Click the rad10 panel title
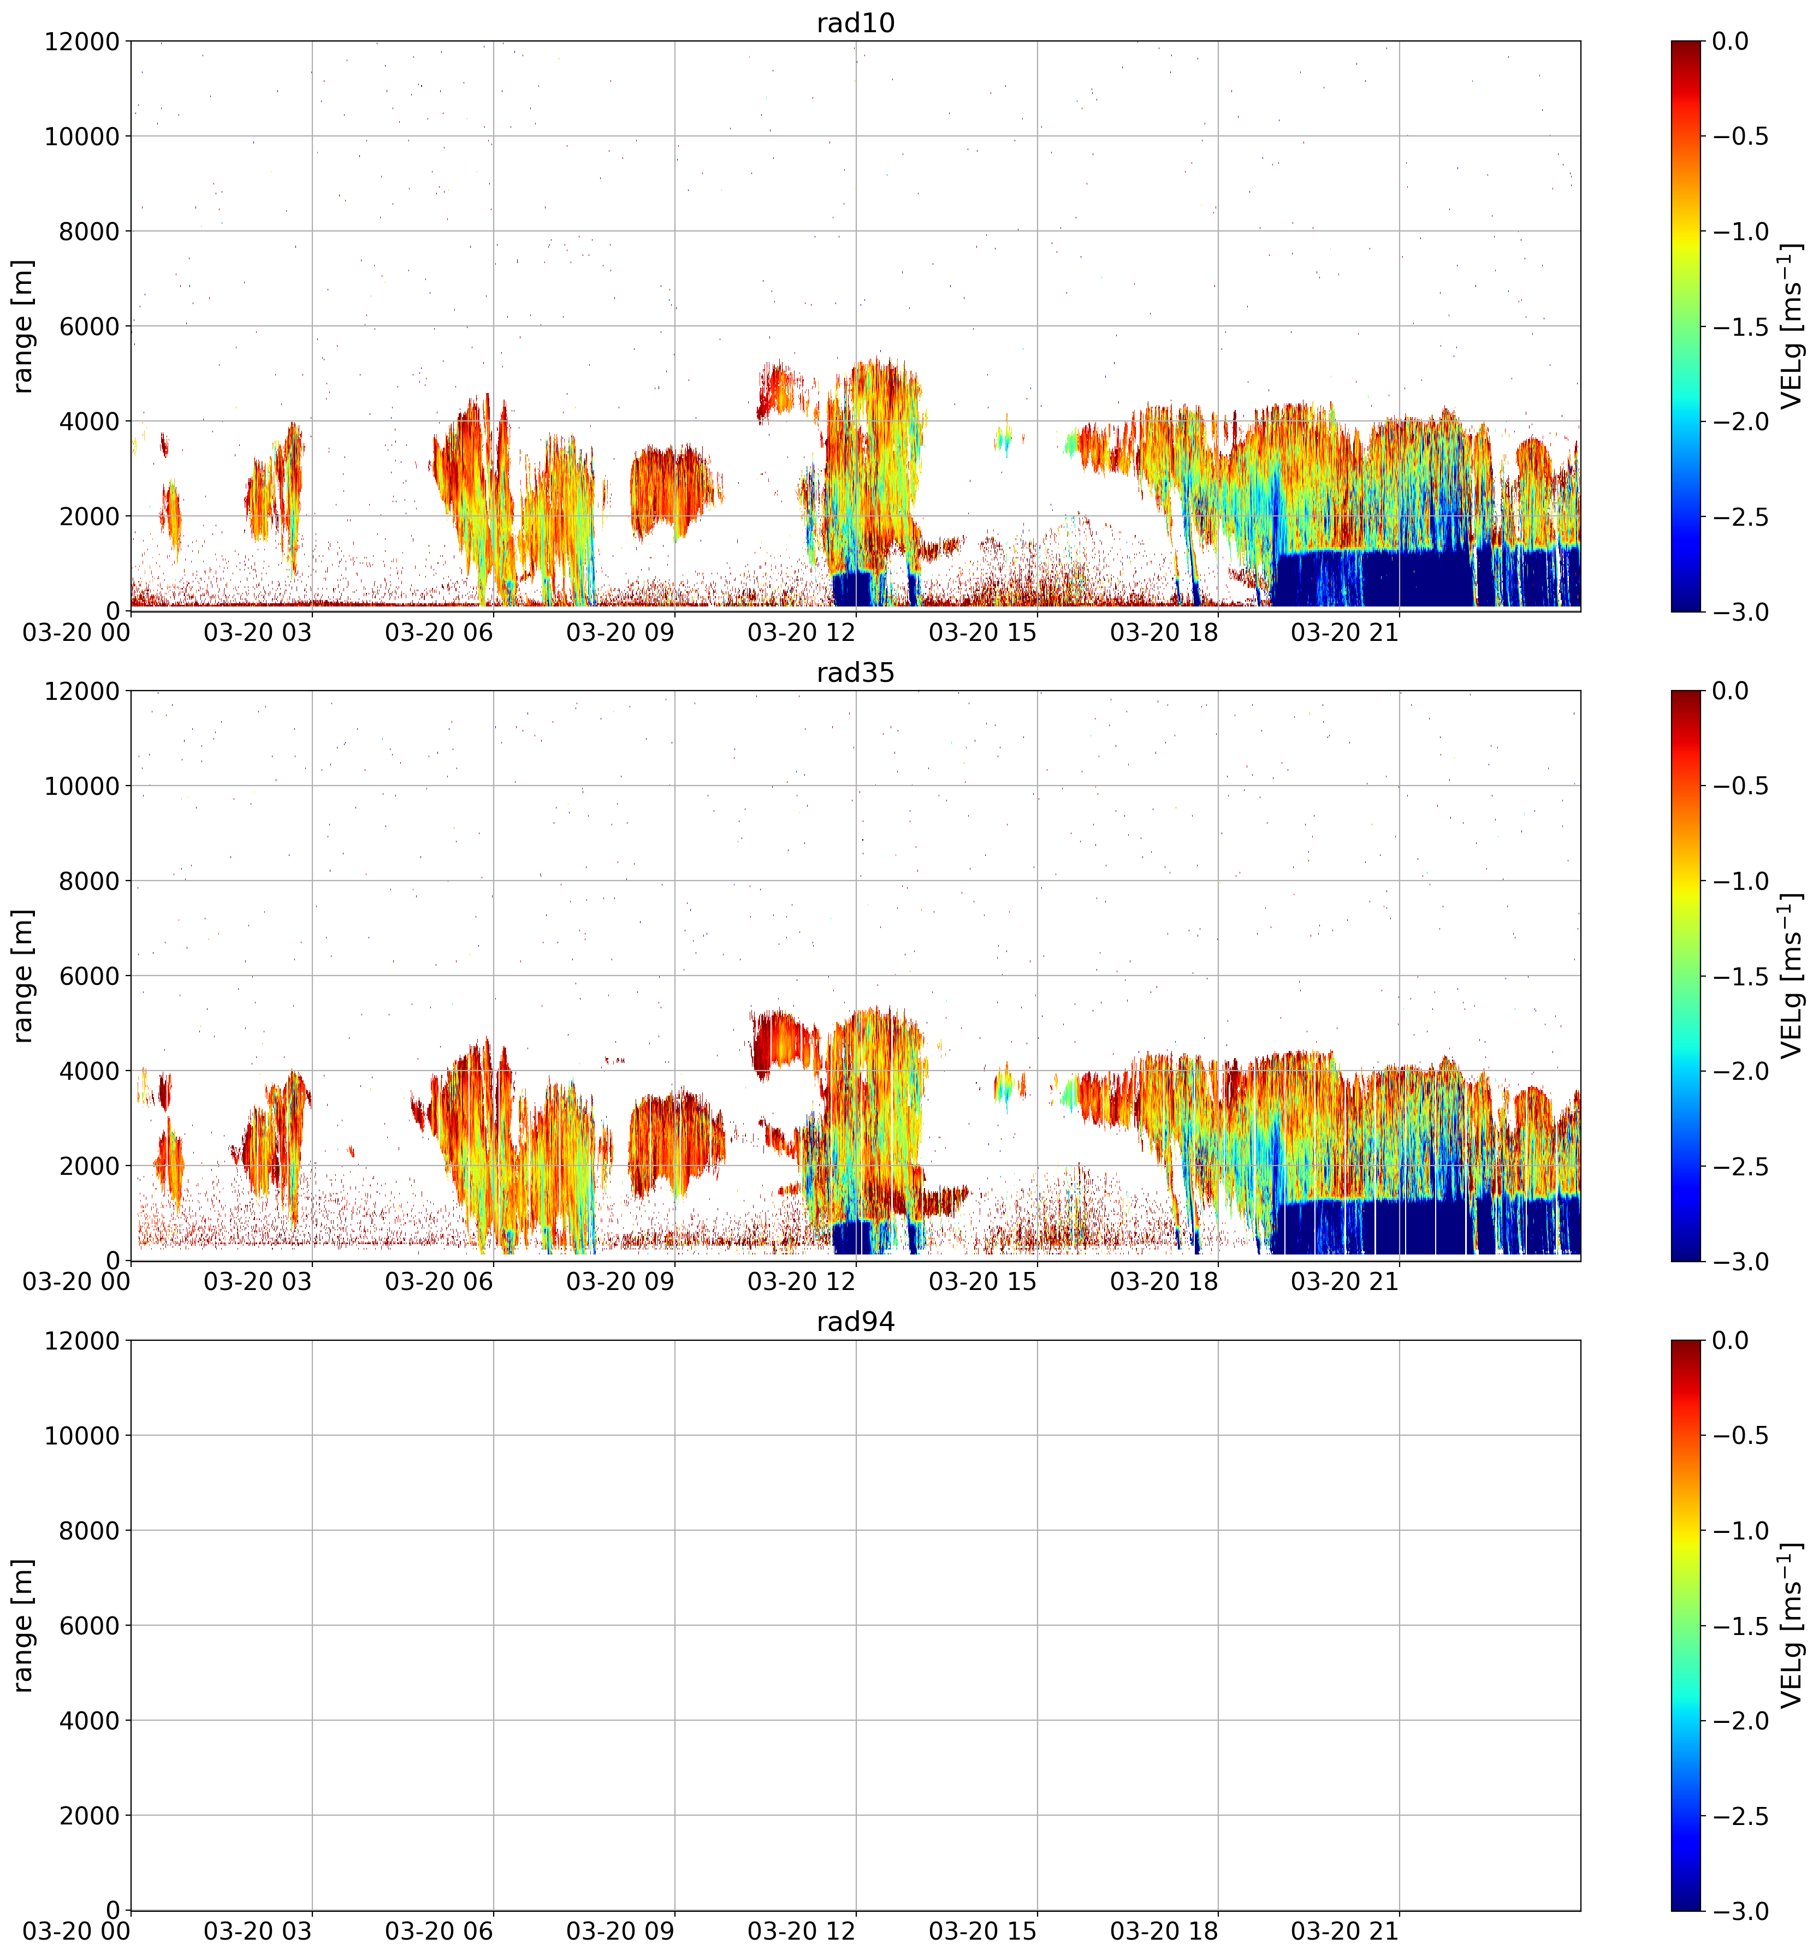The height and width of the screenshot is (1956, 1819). pos(855,22)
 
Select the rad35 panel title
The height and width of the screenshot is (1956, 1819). pos(855,673)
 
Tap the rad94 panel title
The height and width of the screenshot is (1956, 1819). pos(855,1322)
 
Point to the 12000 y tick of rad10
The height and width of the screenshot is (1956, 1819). pos(82,41)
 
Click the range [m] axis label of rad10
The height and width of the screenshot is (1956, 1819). pos(22,326)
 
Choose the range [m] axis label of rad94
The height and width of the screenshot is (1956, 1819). pos(22,1625)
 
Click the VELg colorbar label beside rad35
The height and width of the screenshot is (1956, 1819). pos(1792,976)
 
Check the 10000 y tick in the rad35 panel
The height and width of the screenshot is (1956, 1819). pos(82,786)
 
